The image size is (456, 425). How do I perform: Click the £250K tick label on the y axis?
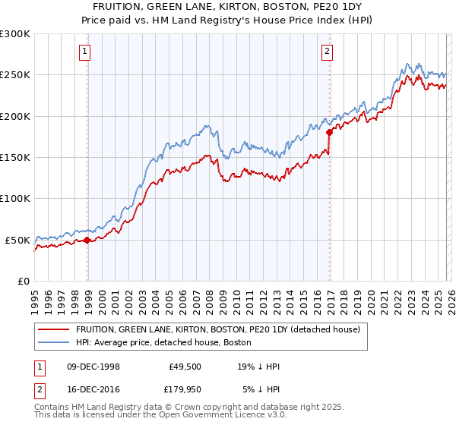(15, 75)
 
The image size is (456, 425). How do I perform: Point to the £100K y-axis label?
(15, 199)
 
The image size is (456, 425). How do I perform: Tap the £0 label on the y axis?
(23, 281)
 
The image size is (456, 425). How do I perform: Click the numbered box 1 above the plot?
(84, 52)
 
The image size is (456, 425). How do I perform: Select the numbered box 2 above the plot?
(327, 52)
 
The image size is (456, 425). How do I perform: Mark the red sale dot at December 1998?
(87, 240)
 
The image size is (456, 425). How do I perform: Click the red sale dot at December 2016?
(330, 132)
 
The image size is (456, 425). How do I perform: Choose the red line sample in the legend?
(54, 329)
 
